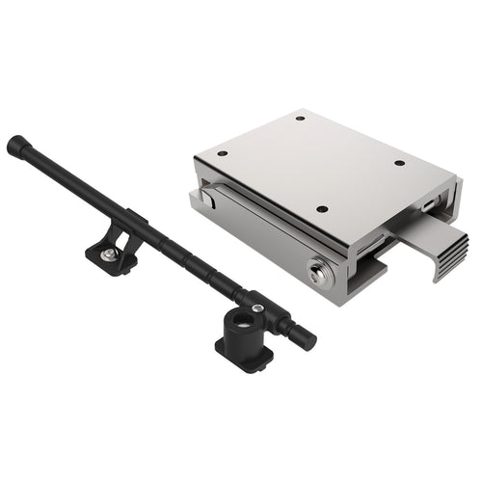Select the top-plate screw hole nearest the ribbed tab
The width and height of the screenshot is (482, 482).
[400, 163]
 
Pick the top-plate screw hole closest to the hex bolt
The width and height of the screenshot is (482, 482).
[321, 208]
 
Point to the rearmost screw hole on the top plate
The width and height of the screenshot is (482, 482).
[300, 119]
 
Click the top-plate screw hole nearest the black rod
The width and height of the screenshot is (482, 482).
[222, 153]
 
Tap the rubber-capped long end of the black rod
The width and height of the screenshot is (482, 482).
[17, 147]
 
